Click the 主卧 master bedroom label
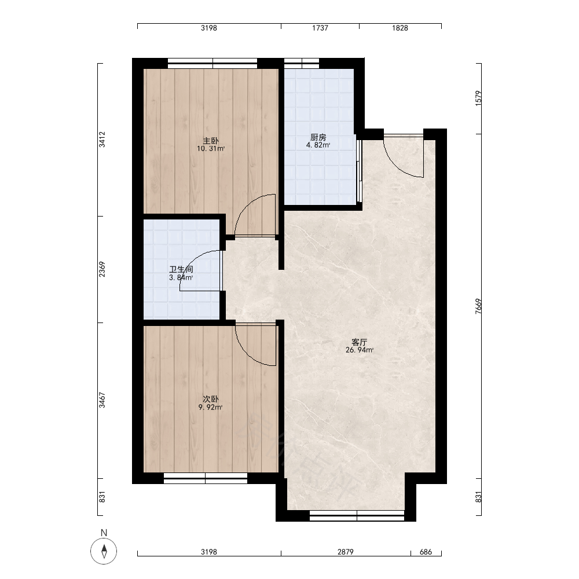(x=211, y=141)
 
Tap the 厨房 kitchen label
(x=318, y=137)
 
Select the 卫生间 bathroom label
(x=181, y=270)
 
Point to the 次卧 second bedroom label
(x=211, y=399)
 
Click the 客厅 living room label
(x=360, y=342)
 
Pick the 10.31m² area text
(x=211, y=149)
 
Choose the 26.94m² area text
(x=360, y=350)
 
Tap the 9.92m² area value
(x=211, y=407)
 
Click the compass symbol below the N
(x=104, y=551)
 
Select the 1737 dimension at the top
(x=320, y=28)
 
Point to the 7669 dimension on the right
(x=479, y=306)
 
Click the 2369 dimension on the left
(x=102, y=269)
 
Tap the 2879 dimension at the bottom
(x=345, y=552)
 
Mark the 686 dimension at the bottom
(x=426, y=552)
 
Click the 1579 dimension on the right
(x=479, y=98)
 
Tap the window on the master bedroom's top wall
(x=212, y=63)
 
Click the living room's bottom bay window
(x=357, y=515)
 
